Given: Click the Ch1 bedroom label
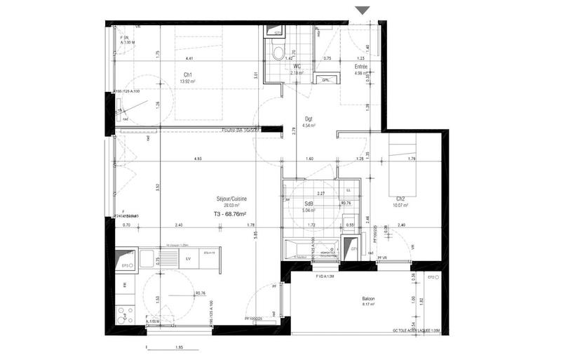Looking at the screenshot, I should [x=189, y=75].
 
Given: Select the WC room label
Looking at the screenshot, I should [x=297, y=66].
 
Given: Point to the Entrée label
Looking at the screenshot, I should [x=361, y=66].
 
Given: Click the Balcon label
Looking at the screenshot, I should [x=369, y=299].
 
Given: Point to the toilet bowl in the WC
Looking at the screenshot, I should [x=278, y=52].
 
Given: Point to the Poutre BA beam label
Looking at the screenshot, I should [x=241, y=130].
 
